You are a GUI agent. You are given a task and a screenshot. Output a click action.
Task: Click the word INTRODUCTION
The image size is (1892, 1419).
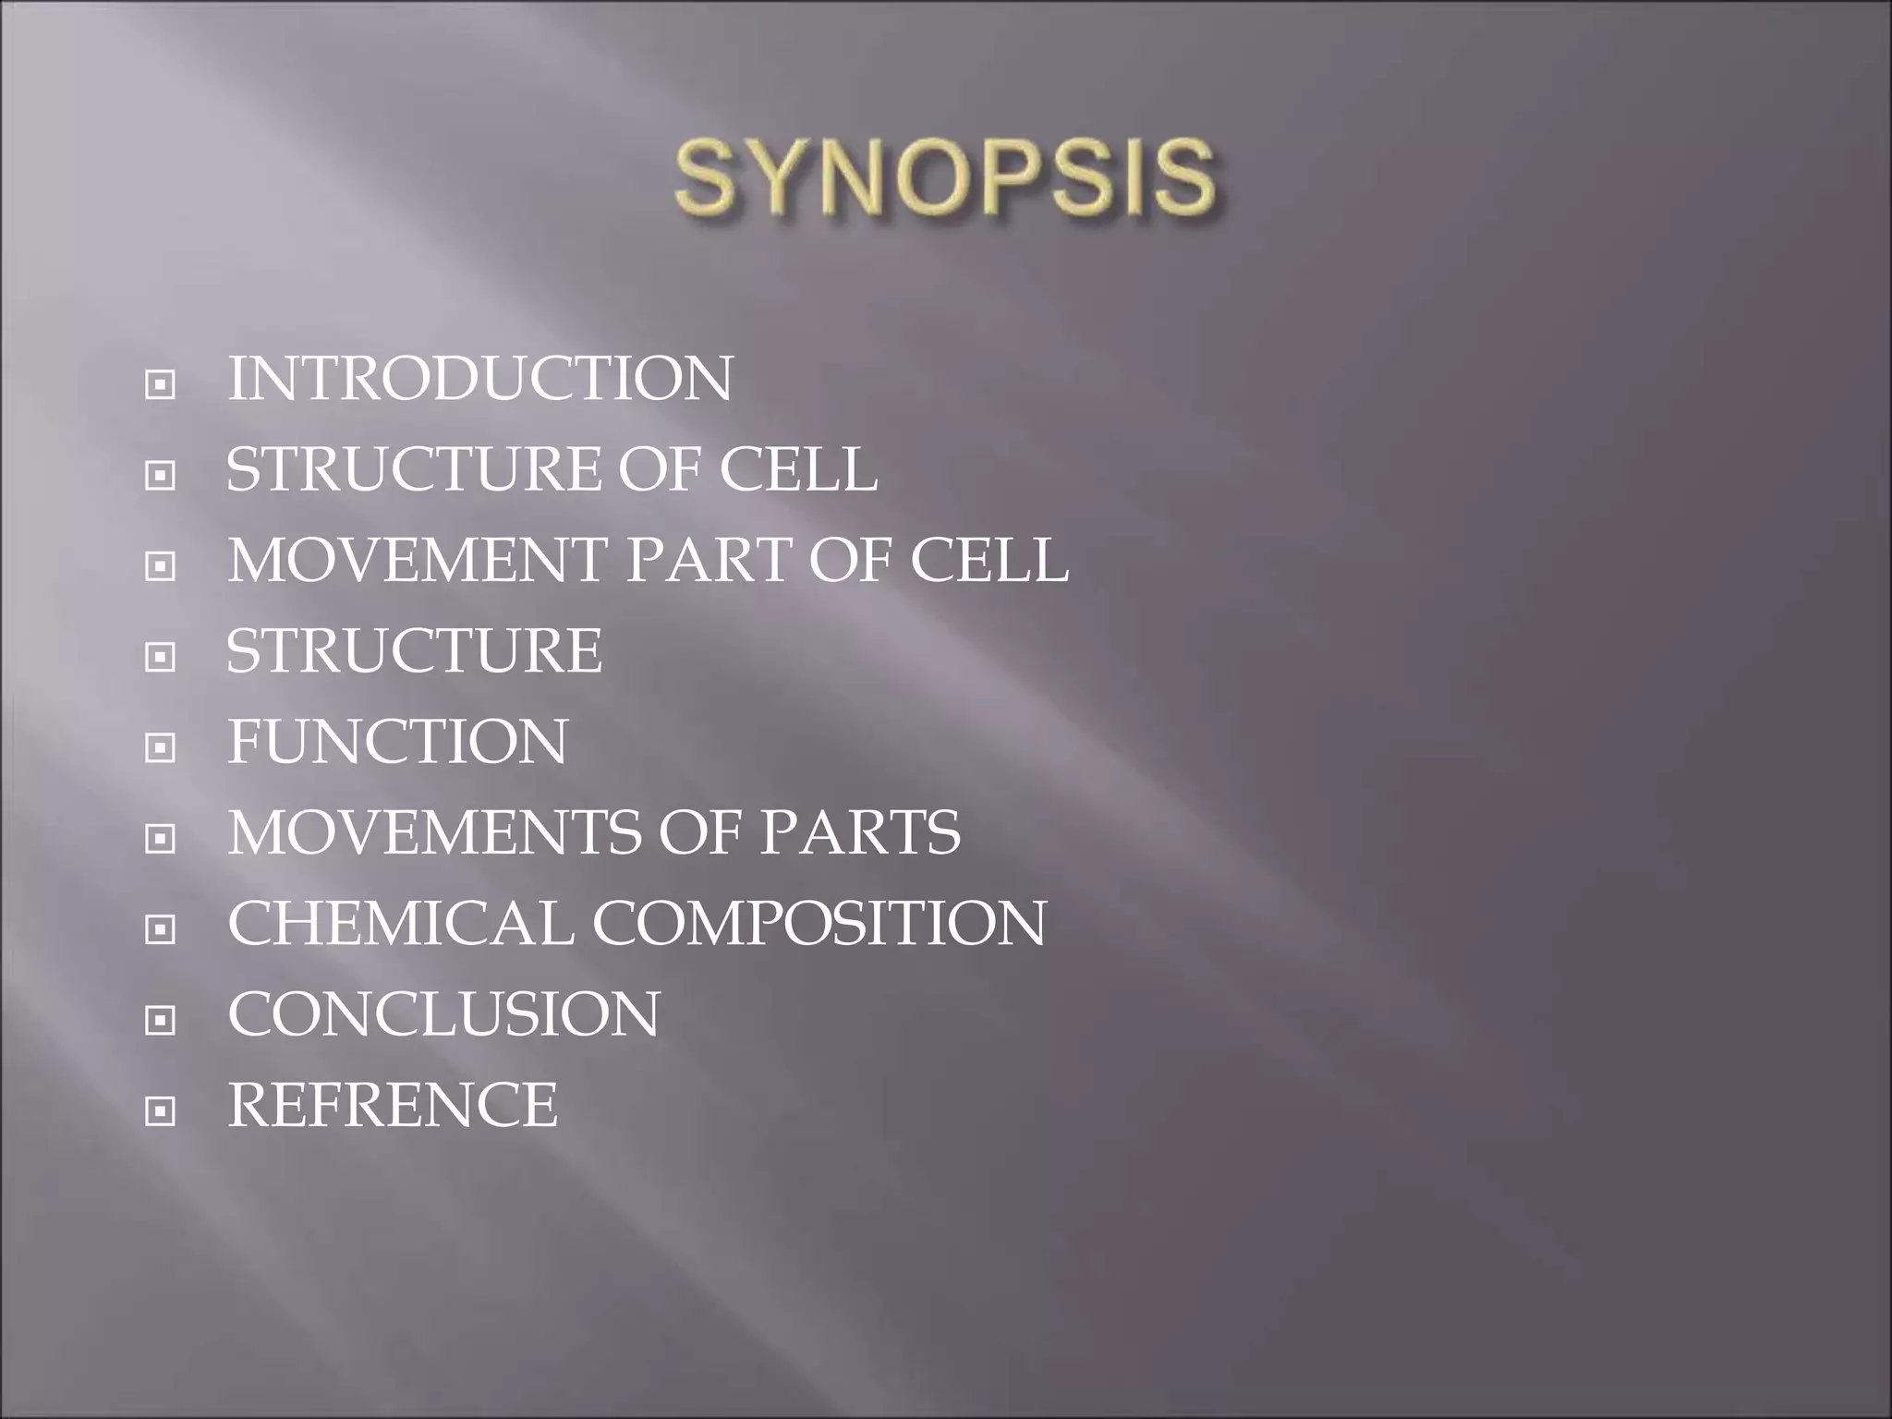click(479, 379)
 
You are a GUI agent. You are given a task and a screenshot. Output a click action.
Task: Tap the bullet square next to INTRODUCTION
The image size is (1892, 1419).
click(161, 385)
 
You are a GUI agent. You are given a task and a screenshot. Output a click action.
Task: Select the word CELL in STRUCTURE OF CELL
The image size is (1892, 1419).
click(798, 469)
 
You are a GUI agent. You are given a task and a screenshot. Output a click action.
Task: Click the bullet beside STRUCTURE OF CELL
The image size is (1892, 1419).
click(161, 476)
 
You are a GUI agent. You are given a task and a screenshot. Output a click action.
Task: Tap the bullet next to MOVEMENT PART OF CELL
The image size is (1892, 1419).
click(161, 566)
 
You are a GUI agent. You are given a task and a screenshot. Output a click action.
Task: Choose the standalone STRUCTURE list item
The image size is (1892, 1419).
click(415, 650)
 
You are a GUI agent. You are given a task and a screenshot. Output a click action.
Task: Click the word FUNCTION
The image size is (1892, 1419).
click(397, 741)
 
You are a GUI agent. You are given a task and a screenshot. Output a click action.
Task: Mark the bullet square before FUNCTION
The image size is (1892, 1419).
click(161, 747)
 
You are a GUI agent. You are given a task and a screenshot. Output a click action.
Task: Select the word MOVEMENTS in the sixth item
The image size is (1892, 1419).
click(434, 831)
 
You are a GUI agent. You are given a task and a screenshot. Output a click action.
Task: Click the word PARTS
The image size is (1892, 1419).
click(859, 831)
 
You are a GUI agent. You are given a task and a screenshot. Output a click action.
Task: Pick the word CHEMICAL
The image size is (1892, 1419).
click(400, 922)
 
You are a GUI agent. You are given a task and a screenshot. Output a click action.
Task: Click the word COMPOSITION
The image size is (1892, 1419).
click(819, 922)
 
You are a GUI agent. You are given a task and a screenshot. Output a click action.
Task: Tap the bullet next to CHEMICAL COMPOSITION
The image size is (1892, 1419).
click(161, 928)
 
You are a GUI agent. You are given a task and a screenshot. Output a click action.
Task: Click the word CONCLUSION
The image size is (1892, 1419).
click(443, 1013)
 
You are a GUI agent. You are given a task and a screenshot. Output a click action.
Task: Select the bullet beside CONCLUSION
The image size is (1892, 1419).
click(161, 1020)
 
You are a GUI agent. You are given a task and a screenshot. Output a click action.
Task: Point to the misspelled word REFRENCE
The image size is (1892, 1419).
click(393, 1104)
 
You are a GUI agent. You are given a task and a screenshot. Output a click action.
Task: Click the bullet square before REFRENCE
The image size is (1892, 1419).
click(161, 1110)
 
